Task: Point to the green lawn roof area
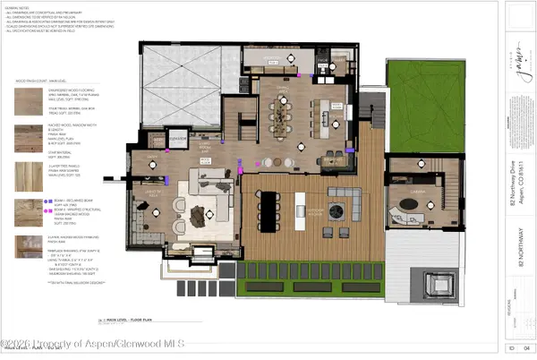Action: tap(419, 98)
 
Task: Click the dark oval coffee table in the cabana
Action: tap(414, 203)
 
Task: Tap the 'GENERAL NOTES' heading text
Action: tap(21, 7)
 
